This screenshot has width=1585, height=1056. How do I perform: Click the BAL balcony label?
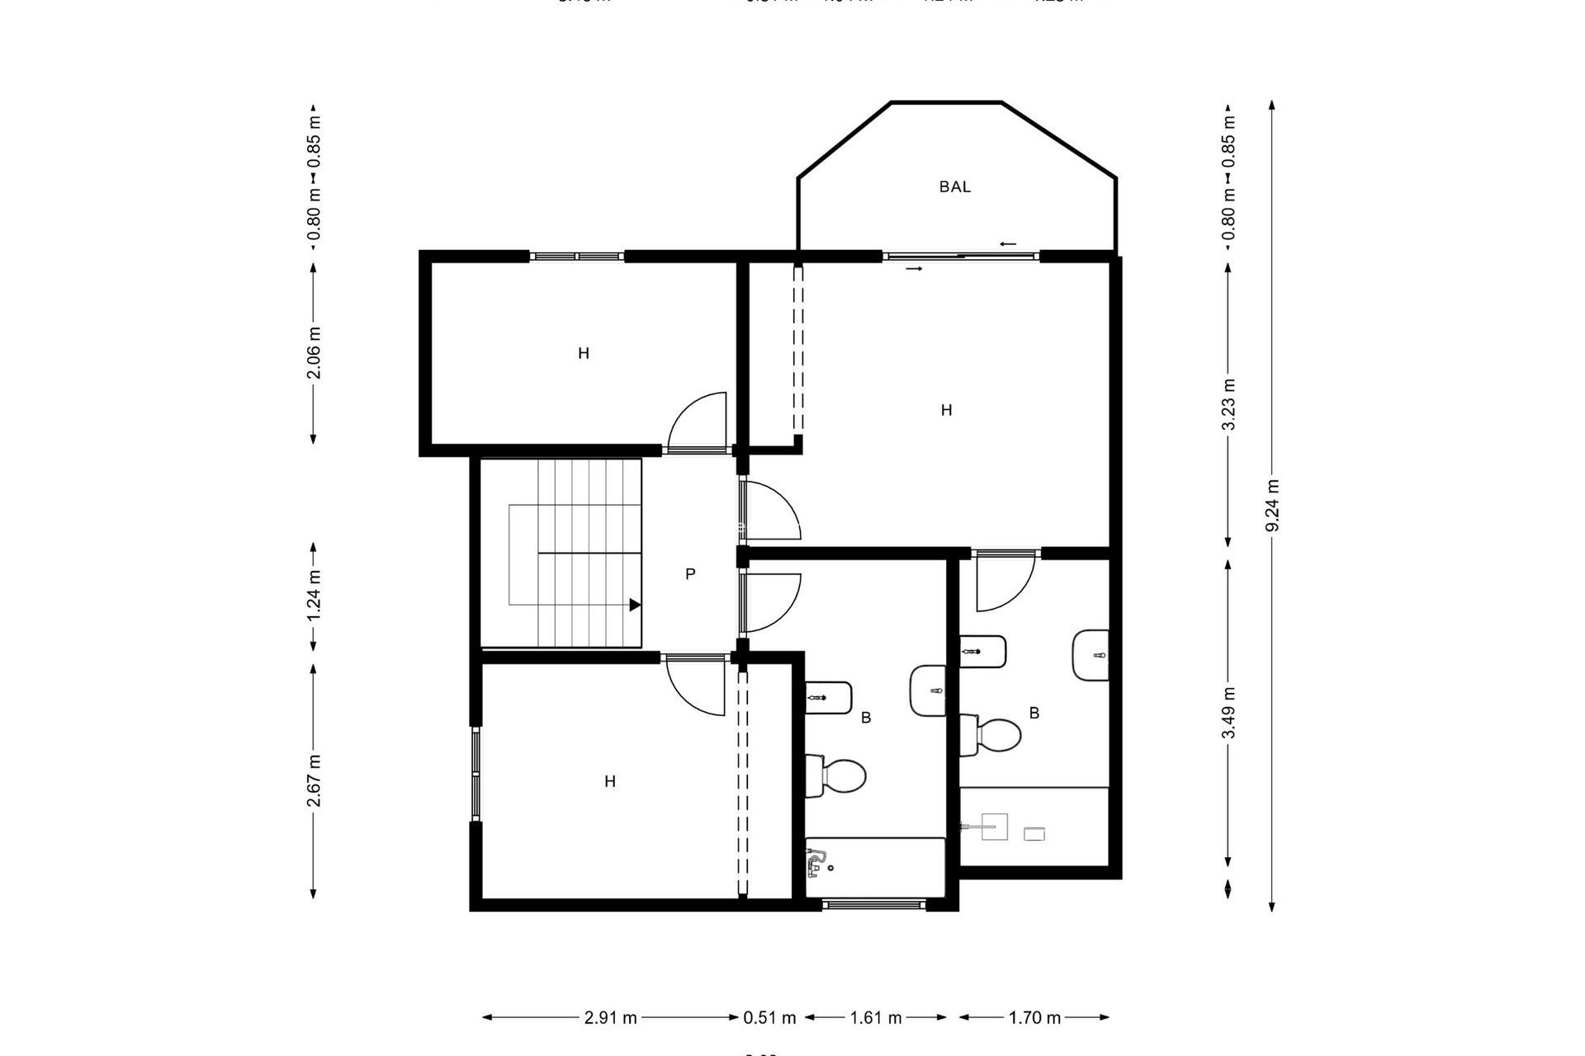coord(954,187)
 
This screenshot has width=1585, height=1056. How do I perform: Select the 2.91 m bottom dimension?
coord(610,1018)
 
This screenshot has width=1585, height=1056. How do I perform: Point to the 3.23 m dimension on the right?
coord(1229,404)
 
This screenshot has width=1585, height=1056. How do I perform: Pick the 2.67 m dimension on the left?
coord(314,780)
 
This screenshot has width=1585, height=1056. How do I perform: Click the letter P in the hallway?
coord(690,574)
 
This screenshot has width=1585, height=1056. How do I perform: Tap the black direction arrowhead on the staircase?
coord(635,605)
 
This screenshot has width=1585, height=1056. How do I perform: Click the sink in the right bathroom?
coord(1091,656)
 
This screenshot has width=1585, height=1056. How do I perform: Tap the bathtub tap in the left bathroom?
coord(816,863)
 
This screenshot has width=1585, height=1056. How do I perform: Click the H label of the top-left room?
coord(584,354)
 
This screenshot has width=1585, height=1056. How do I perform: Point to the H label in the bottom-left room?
coord(610,781)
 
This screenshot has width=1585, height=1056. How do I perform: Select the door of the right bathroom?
coord(1005,582)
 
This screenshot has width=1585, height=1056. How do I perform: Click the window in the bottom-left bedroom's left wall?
coord(476,774)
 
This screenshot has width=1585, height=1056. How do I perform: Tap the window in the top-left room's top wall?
coord(576,257)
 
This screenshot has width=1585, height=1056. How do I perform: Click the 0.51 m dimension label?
coord(769,1018)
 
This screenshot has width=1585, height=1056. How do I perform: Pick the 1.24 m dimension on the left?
coord(314,596)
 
